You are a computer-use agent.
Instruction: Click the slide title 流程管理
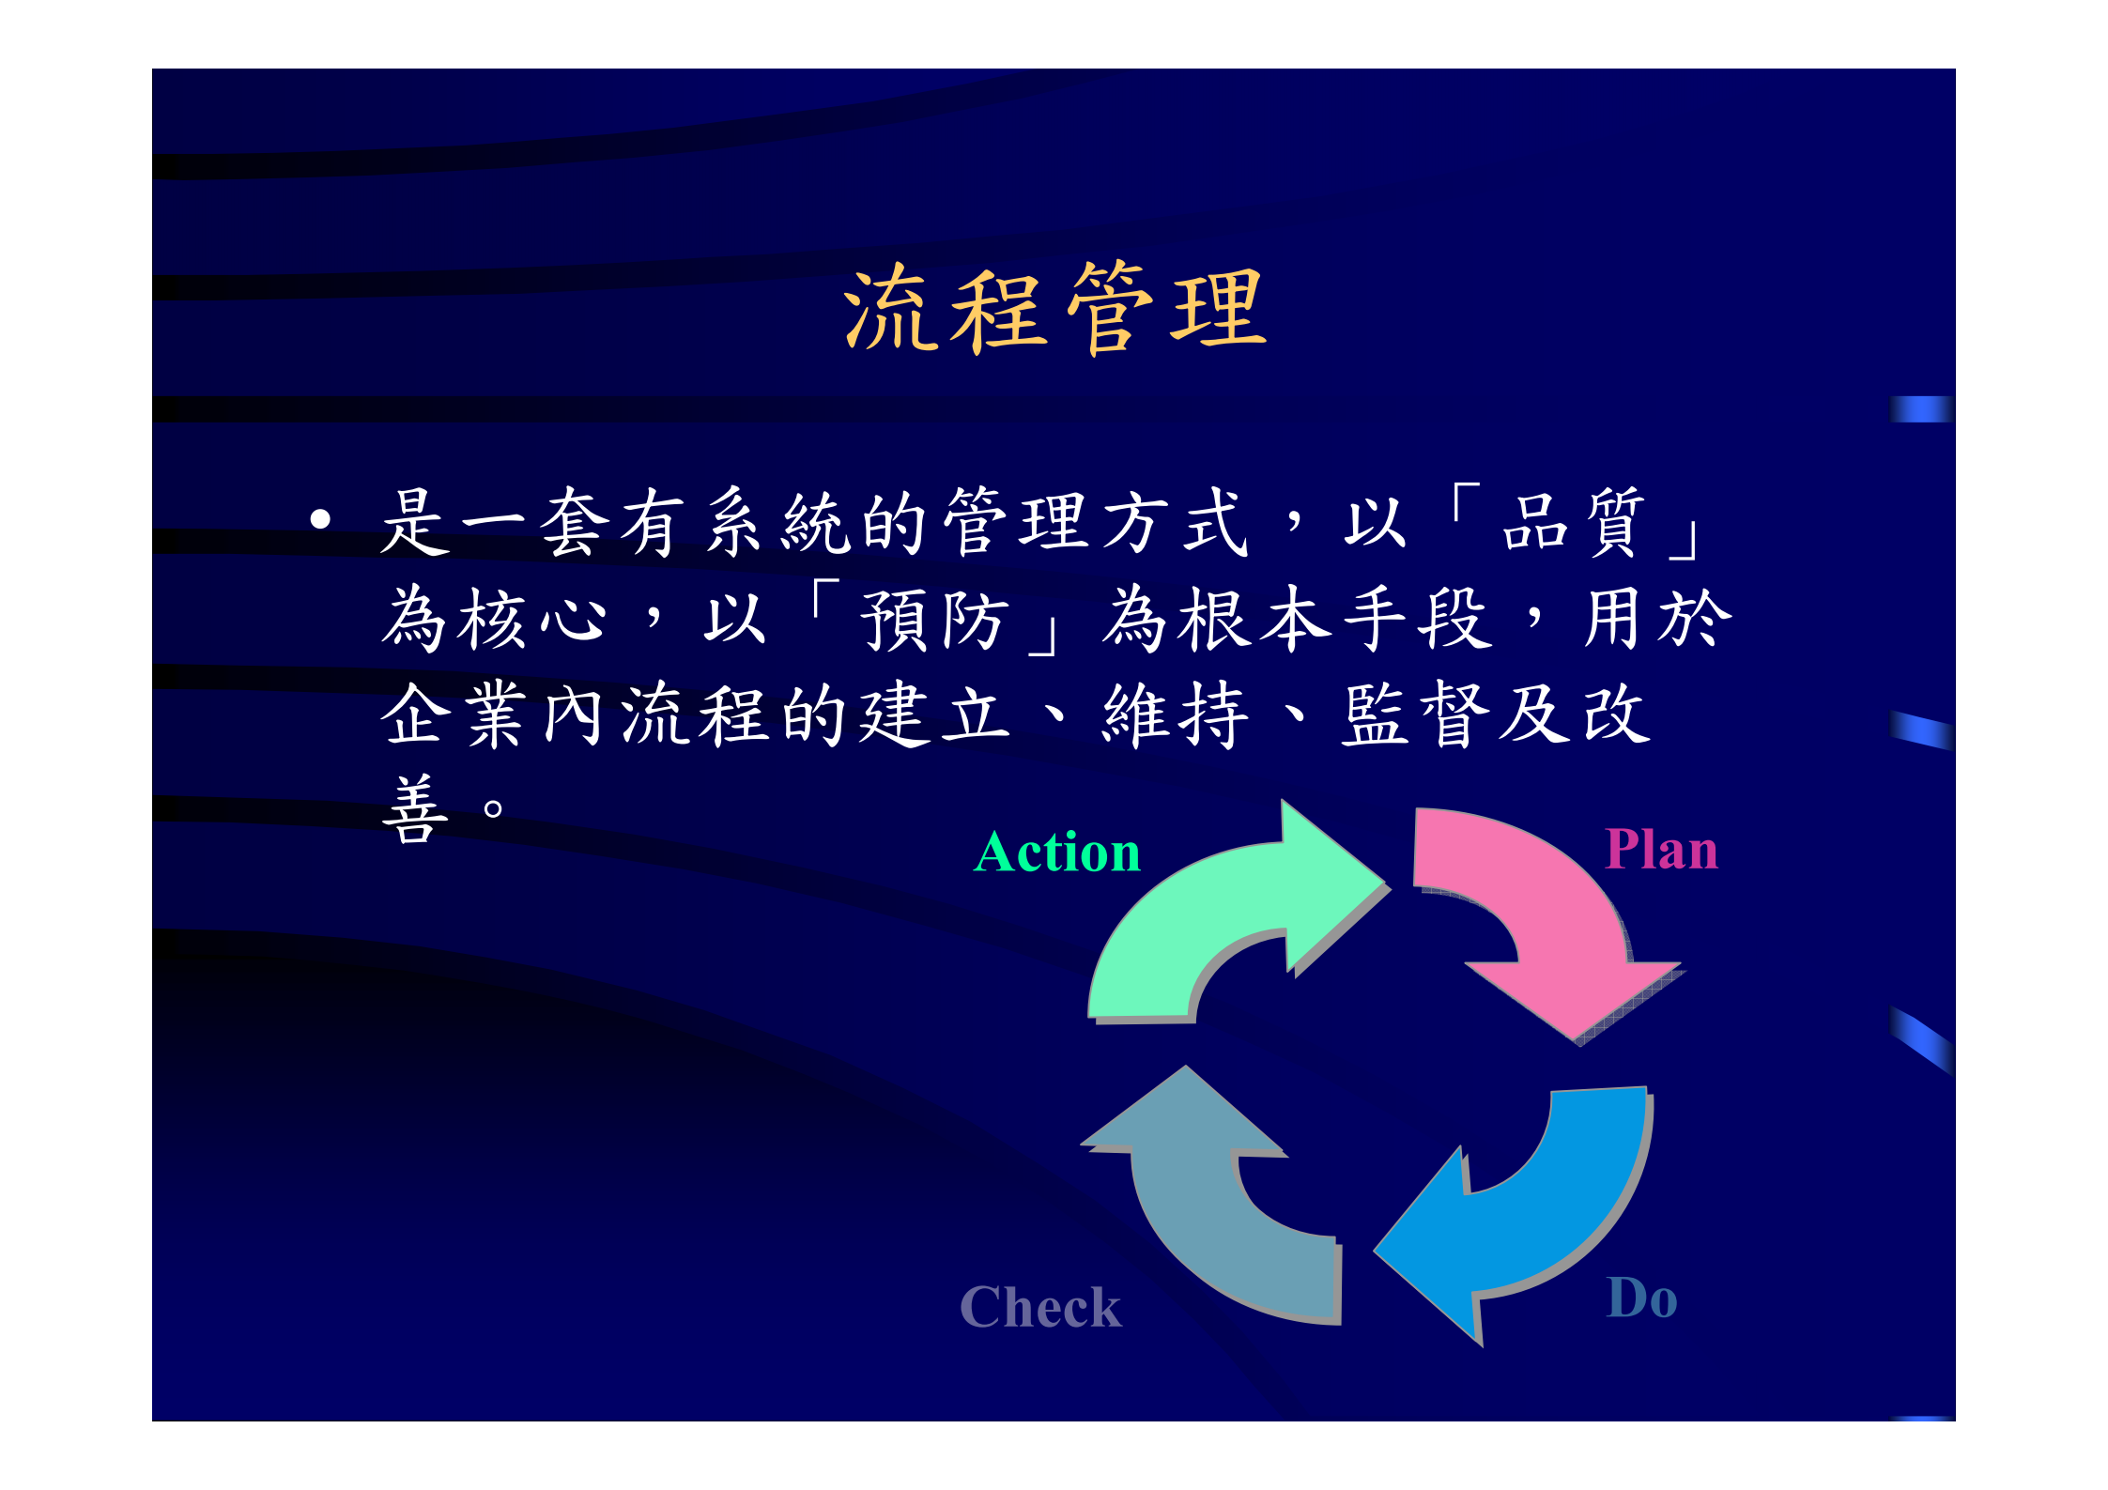(1055, 309)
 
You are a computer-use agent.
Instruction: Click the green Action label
(1057, 853)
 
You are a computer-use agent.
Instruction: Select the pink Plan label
(1661, 850)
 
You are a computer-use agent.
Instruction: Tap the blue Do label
(1641, 1298)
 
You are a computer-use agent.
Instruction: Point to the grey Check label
(1040, 1307)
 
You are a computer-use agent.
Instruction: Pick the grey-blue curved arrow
(1211, 1211)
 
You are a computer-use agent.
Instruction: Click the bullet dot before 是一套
(321, 519)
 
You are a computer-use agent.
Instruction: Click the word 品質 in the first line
(1573, 522)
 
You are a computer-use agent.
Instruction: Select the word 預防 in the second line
(934, 620)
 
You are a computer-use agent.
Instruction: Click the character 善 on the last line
(414, 809)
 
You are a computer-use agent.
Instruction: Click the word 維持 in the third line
(1175, 715)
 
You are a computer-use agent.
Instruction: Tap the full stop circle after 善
(492, 807)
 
